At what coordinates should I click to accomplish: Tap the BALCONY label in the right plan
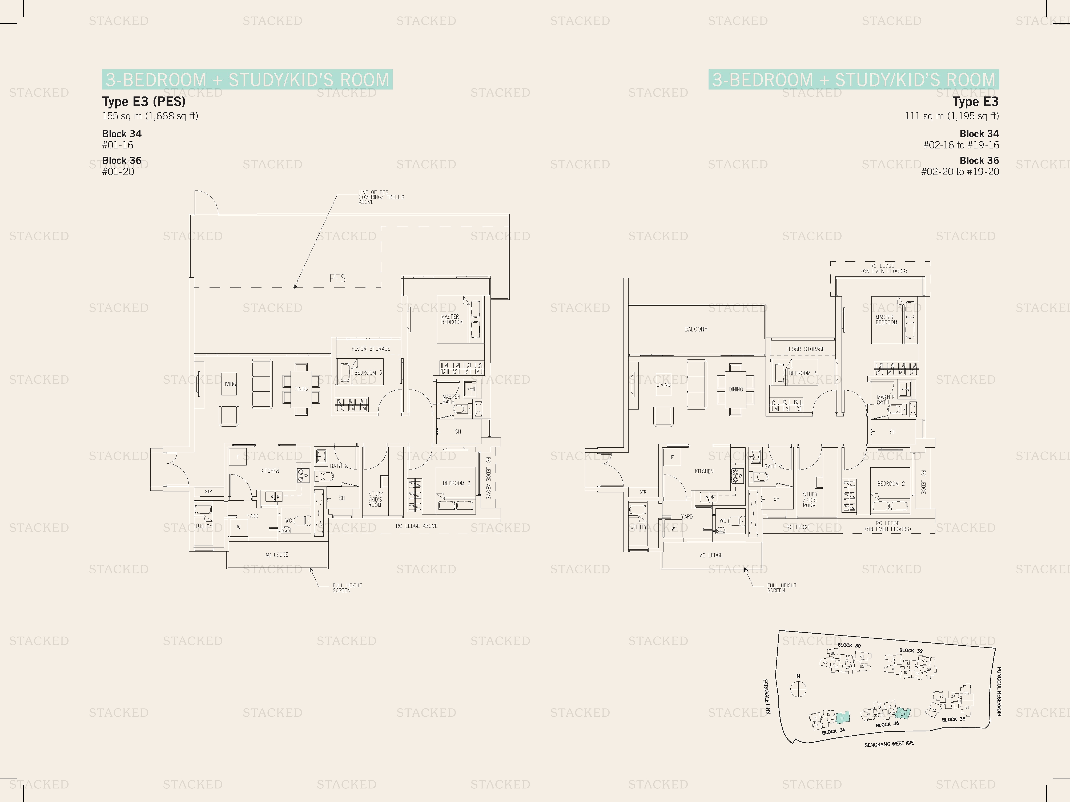point(695,329)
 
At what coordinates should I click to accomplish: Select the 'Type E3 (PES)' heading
point(144,102)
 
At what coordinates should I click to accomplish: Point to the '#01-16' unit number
point(118,145)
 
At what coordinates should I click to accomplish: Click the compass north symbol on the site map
point(798,688)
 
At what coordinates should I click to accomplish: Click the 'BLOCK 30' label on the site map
point(849,645)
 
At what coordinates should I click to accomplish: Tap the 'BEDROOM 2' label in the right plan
point(891,483)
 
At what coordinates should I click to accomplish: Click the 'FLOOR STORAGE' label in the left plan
point(371,349)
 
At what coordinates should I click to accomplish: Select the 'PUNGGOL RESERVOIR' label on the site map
point(999,691)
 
